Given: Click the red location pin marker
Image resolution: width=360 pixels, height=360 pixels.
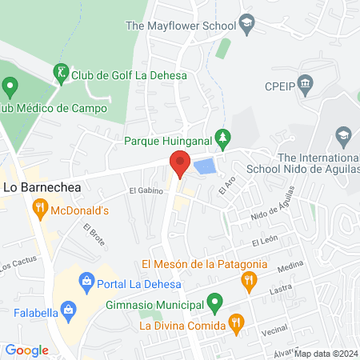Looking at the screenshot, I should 180,164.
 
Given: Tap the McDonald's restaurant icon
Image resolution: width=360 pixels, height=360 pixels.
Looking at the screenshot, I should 39,210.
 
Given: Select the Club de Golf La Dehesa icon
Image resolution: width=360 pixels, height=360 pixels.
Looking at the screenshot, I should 61,74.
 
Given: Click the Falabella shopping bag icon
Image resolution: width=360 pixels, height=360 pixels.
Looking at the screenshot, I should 70,308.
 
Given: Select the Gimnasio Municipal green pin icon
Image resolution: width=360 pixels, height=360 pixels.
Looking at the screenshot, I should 214,303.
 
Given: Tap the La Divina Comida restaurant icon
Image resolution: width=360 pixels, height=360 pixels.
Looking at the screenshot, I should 235,324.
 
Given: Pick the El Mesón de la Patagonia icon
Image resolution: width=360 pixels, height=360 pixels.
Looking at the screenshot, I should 249,280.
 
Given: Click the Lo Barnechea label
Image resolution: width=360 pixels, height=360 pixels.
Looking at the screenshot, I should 44,187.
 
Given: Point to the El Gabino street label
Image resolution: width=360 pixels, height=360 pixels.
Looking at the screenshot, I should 146,191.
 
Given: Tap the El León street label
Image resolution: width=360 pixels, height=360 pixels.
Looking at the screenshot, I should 264,241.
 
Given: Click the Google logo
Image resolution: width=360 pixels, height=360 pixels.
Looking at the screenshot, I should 26,350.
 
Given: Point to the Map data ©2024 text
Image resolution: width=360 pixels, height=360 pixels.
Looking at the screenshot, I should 326,354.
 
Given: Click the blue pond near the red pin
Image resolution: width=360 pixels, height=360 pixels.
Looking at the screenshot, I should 205,167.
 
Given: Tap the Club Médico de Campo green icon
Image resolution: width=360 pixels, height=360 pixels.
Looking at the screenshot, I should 10,85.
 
